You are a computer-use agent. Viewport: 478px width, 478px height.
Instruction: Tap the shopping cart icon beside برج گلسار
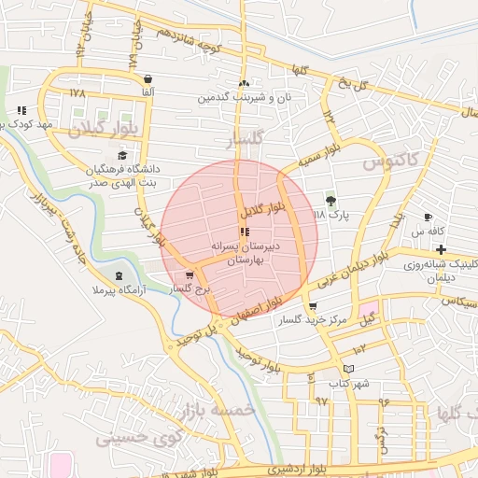point(190,274)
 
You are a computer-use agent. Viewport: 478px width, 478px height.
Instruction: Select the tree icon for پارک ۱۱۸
point(329,200)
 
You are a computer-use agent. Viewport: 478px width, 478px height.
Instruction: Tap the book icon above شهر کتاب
point(348,369)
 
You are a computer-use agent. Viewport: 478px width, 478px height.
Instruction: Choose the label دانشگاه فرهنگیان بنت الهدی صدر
point(122,176)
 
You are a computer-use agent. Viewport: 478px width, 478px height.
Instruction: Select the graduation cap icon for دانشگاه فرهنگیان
point(122,155)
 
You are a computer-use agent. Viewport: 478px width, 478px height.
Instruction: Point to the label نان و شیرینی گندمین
point(244,97)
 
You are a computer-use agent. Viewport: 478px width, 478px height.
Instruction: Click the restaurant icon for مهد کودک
point(21,110)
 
